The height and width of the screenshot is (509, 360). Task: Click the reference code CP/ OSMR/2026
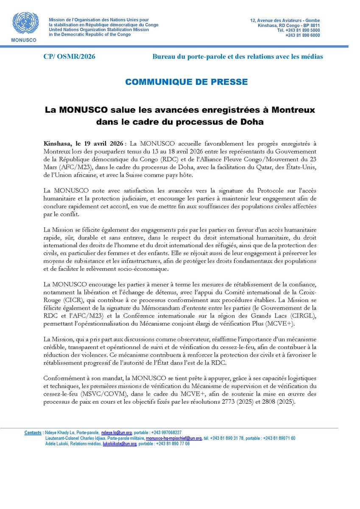70,56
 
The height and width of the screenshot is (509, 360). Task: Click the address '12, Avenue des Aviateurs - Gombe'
285,20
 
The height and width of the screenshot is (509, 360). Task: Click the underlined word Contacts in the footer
33,433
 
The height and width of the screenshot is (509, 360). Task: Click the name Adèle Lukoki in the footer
58,444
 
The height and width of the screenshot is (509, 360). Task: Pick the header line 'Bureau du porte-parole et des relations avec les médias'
238,56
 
